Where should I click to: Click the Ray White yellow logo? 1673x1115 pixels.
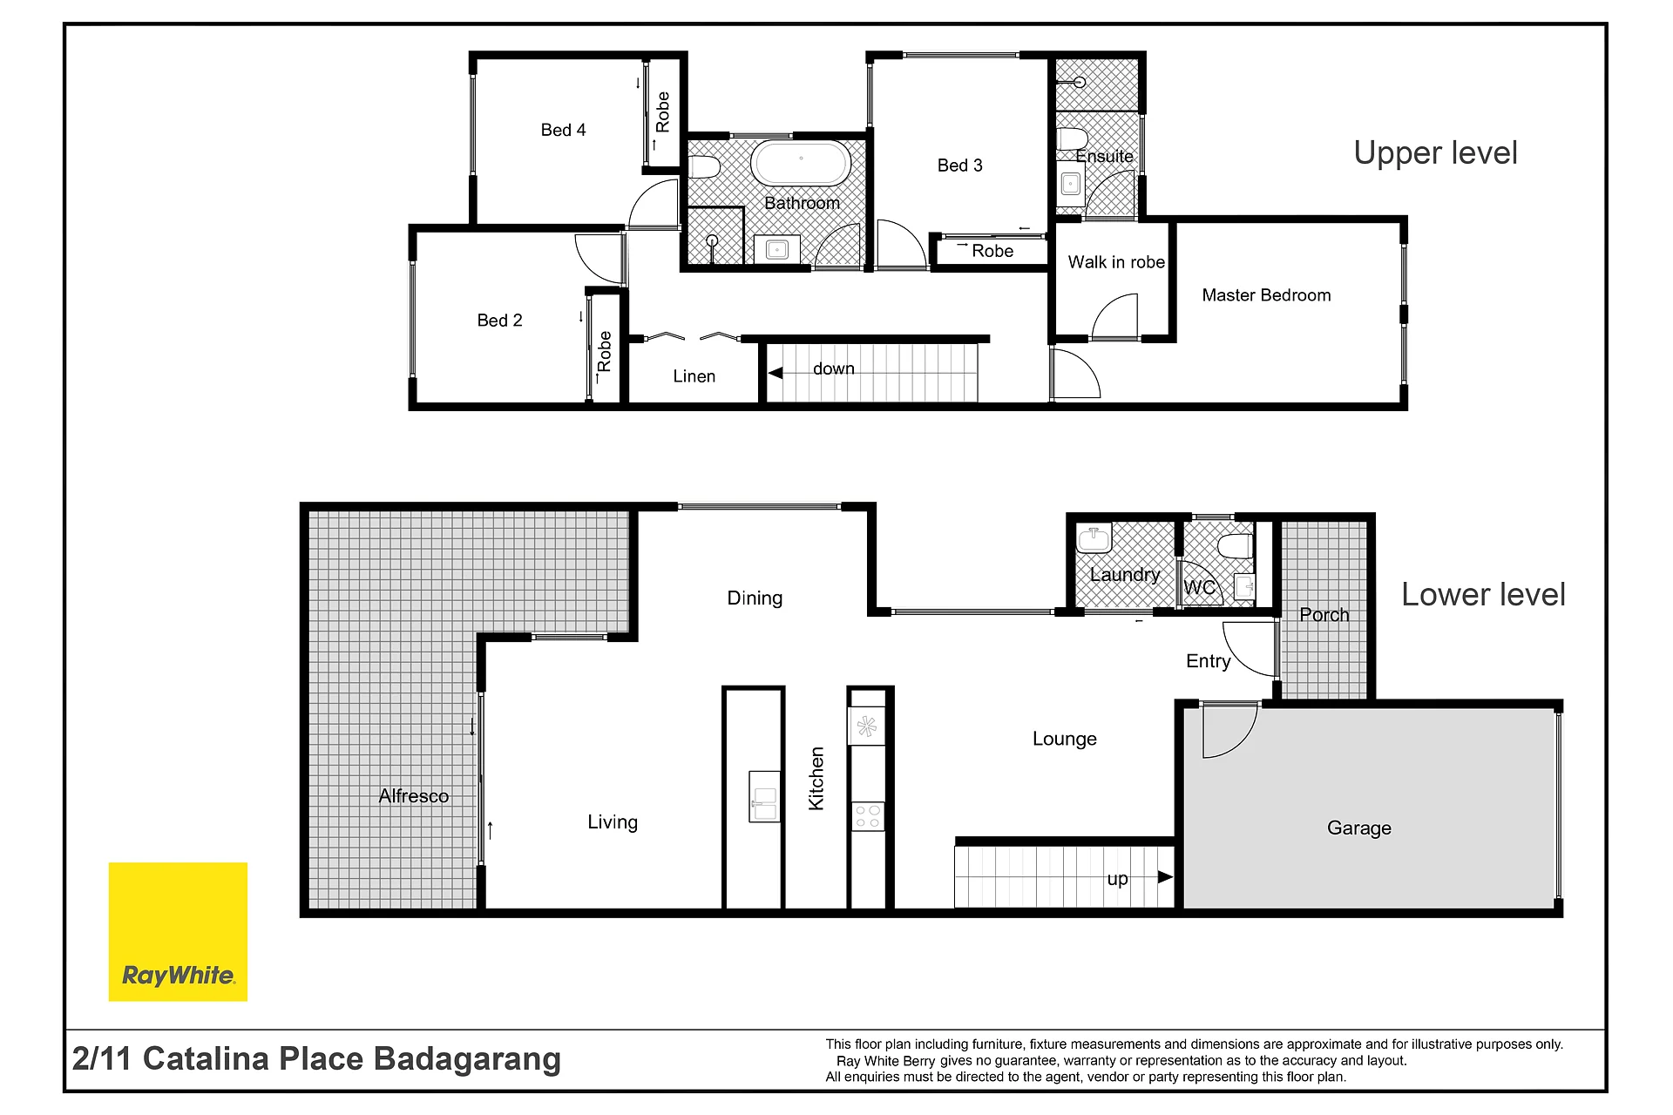pos(178,931)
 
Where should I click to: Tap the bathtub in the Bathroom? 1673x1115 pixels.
pos(801,163)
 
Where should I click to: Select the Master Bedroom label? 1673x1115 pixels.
pos(1266,295)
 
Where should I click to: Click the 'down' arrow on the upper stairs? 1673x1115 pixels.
pos(775,373)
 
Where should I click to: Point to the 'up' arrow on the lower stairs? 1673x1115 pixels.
pos(1165,877)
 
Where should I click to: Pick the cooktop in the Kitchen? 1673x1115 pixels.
pos(867,816)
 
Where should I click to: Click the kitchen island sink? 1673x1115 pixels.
pos(764,796)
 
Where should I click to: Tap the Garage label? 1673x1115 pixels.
pos(1358,828)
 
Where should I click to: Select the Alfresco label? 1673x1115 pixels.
pos(414,796)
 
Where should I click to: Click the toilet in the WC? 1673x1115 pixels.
pos(1235,546)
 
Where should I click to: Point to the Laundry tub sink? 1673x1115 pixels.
pos(1094,538)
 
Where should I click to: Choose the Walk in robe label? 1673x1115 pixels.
pos(1116,262)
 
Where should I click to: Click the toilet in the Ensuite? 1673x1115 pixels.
pos(1072,139)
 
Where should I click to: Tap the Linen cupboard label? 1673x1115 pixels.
pos(694,376)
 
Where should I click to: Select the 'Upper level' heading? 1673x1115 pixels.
pos(1435,153)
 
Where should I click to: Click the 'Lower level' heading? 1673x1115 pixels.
pos(1483,595)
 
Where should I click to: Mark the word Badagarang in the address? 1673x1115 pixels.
pos(467,1060)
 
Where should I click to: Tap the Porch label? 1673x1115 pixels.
pos(1324,615)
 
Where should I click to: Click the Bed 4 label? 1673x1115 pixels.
pos(563,131)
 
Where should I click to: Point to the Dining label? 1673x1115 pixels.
pos(755,598)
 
